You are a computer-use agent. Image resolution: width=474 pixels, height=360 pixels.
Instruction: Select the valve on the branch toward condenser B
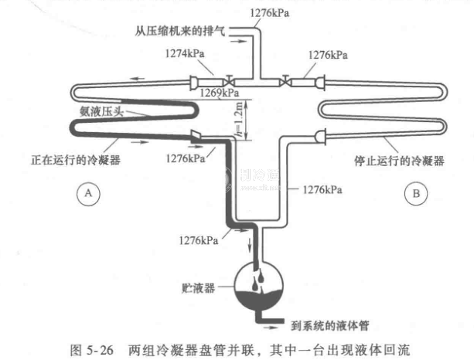point(287,80)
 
